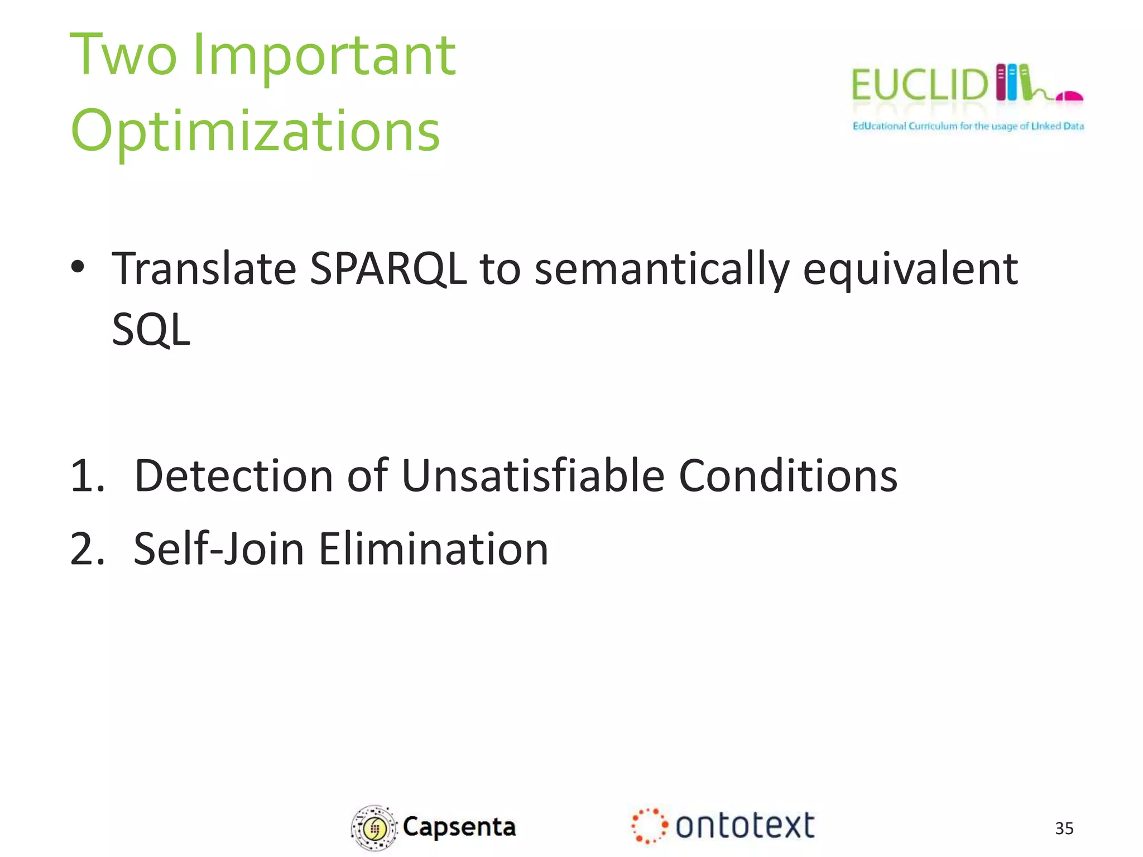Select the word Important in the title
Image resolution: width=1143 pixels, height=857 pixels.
[324, 56]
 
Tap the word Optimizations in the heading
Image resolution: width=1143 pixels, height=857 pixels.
[255, 132]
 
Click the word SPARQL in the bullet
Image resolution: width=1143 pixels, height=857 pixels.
[387, 269]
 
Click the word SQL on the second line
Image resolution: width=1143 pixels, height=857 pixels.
[151, 330]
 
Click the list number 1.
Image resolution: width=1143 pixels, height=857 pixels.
[87, 476]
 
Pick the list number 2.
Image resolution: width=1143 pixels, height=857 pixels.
[87, 550]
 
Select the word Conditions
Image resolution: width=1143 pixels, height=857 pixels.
[787, 476]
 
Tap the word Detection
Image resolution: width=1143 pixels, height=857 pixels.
[234, 476]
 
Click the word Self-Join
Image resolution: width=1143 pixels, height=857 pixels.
[219, 550]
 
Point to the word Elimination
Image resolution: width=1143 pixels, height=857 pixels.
[434, 550]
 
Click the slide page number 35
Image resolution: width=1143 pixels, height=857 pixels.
[1064, 829]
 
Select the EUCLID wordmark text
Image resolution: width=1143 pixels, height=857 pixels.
[919, 85]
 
